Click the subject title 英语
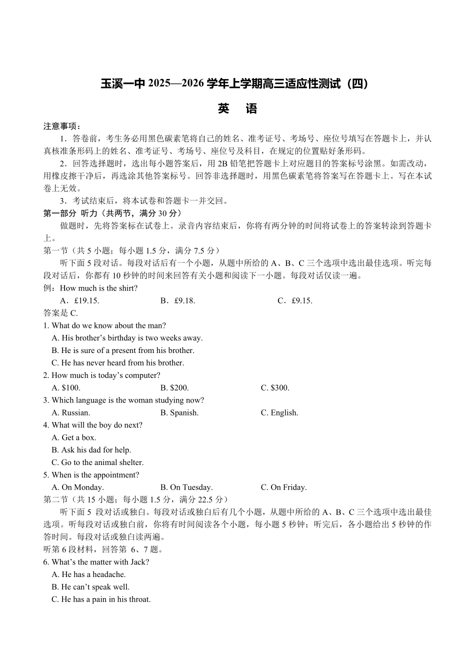pyautogui.click(x=237, y=109)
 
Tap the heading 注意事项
pyautogui.click(x=61, y=126)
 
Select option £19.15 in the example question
pyautogui.click(x=80, y=300)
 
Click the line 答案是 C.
pyautogui.click(x=60, y=313)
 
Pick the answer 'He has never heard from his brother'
pyautogui.click(x=118, y=363)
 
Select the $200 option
pyautogui.click(x=174, y=388)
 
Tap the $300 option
pyautogui.click(x=275, y=388)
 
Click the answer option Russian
pyautogui.click(x=71, y=413)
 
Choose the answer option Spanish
pyautogui.click(x=179, y=413)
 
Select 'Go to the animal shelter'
pyautogui.click(x=97, y=462)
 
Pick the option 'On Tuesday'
pyautogui.click(x=186, y=487)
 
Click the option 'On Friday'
pyautogui.click(x=283, y=487)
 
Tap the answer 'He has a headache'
pyautogui.click(x=88, y=574)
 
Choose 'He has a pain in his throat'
pyautogui.click(x=101, y=599)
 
